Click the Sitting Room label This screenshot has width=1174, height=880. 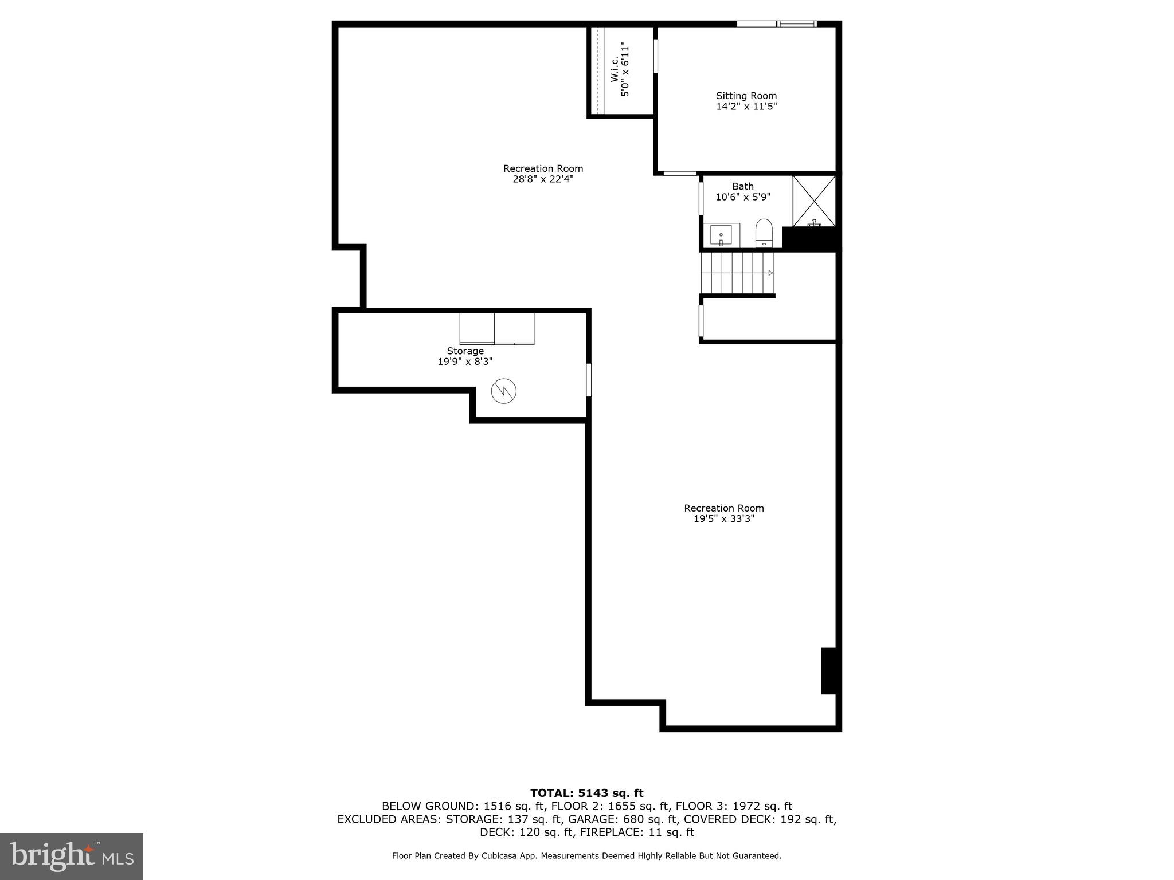(x=746, y=96)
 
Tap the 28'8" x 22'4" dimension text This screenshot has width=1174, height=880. (x=543, y=179)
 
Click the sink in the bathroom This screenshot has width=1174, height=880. (x=721, y=235)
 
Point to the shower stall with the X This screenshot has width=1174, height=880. (x=814, y=201)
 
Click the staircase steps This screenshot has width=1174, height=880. (x=737, y=273)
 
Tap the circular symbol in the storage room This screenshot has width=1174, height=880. (x=504, y=391)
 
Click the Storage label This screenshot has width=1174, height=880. (x=465, y=351)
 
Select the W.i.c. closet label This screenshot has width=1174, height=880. (x=614, y=69)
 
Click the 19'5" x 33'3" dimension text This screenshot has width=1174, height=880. (x=723, y=519)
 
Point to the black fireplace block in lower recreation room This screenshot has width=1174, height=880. (x=828, y=670)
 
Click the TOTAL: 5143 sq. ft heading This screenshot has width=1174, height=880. (x=586, y=793)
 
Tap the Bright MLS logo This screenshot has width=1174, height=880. (x=72, y=856)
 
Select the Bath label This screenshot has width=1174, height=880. (x=742, y=187)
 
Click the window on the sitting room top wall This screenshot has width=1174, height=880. (x=776, y=24)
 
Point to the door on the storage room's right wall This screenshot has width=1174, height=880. (x=588, y=379)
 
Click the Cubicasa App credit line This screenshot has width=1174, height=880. (x=586, y=856)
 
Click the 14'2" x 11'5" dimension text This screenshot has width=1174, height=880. (x=746, y=107)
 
